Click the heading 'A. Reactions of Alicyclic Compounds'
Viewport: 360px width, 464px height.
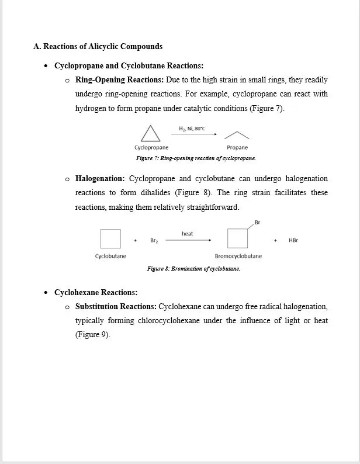(98, 46)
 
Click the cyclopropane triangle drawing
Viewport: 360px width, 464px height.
(151, 134)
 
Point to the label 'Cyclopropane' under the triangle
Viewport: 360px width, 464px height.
(151, 148)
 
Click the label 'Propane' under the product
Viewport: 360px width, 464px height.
(237, 148)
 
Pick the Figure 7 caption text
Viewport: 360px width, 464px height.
(196, 158)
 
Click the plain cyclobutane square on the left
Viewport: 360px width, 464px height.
(110, 239)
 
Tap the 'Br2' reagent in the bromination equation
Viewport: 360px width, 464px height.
(154, 240)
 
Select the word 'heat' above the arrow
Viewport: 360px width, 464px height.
(187, 234)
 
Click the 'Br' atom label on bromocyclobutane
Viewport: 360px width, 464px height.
(258, 222)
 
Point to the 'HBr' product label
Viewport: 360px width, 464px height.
(293, 240)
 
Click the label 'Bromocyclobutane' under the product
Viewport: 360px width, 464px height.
(238, 256)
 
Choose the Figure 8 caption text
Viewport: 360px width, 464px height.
(193, 269)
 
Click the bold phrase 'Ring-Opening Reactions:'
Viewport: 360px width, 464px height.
(119, 80)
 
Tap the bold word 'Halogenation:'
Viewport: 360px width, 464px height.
(100, 178)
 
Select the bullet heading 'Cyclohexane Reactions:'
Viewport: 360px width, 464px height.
(96, 292)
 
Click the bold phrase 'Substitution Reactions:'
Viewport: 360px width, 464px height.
(116, 306)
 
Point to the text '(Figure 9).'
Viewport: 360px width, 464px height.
(93, 335)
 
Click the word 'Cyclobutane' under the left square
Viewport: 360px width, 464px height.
(110, 256)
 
